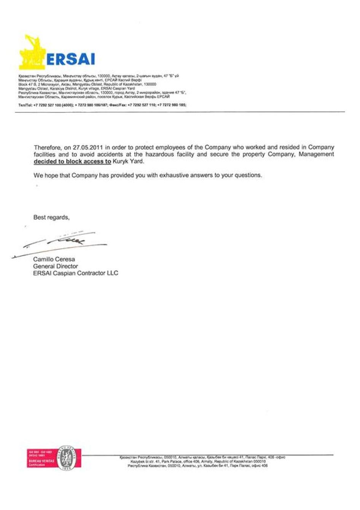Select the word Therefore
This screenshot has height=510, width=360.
[46, 147]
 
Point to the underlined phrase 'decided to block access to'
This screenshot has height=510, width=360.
[72, 161]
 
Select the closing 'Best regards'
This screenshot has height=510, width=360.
[51, 217]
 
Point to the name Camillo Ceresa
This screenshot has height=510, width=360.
[54, 259]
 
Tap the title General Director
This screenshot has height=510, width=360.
[56, 266]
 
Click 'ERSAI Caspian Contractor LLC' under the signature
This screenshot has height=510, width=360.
[76, 273]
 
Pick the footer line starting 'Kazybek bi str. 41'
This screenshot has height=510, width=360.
[198, 461]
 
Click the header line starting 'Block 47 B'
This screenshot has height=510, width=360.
[87, 84]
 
